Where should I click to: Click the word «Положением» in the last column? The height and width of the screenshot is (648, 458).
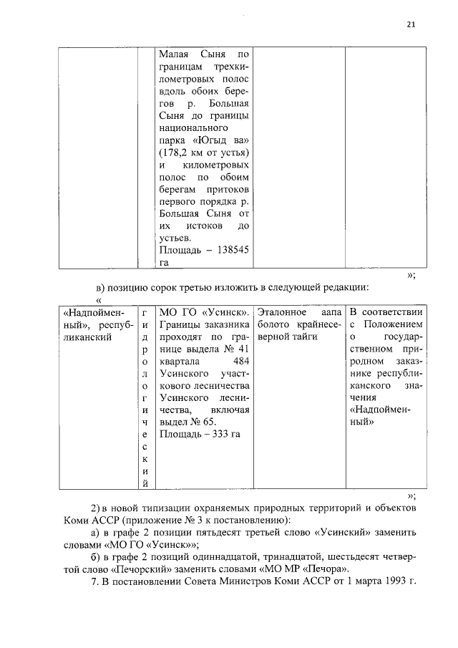tap(395, 325)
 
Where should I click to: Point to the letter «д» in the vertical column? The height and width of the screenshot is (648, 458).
tap(145, 337)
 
